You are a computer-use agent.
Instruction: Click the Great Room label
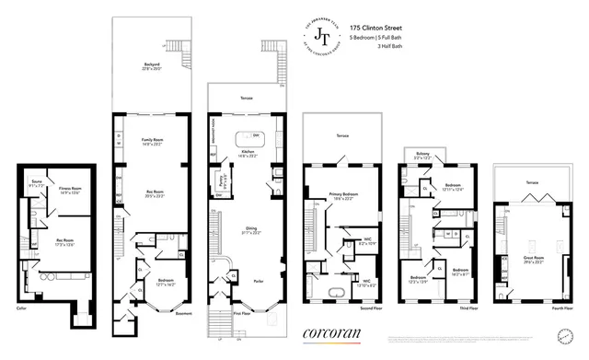[534, 238]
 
